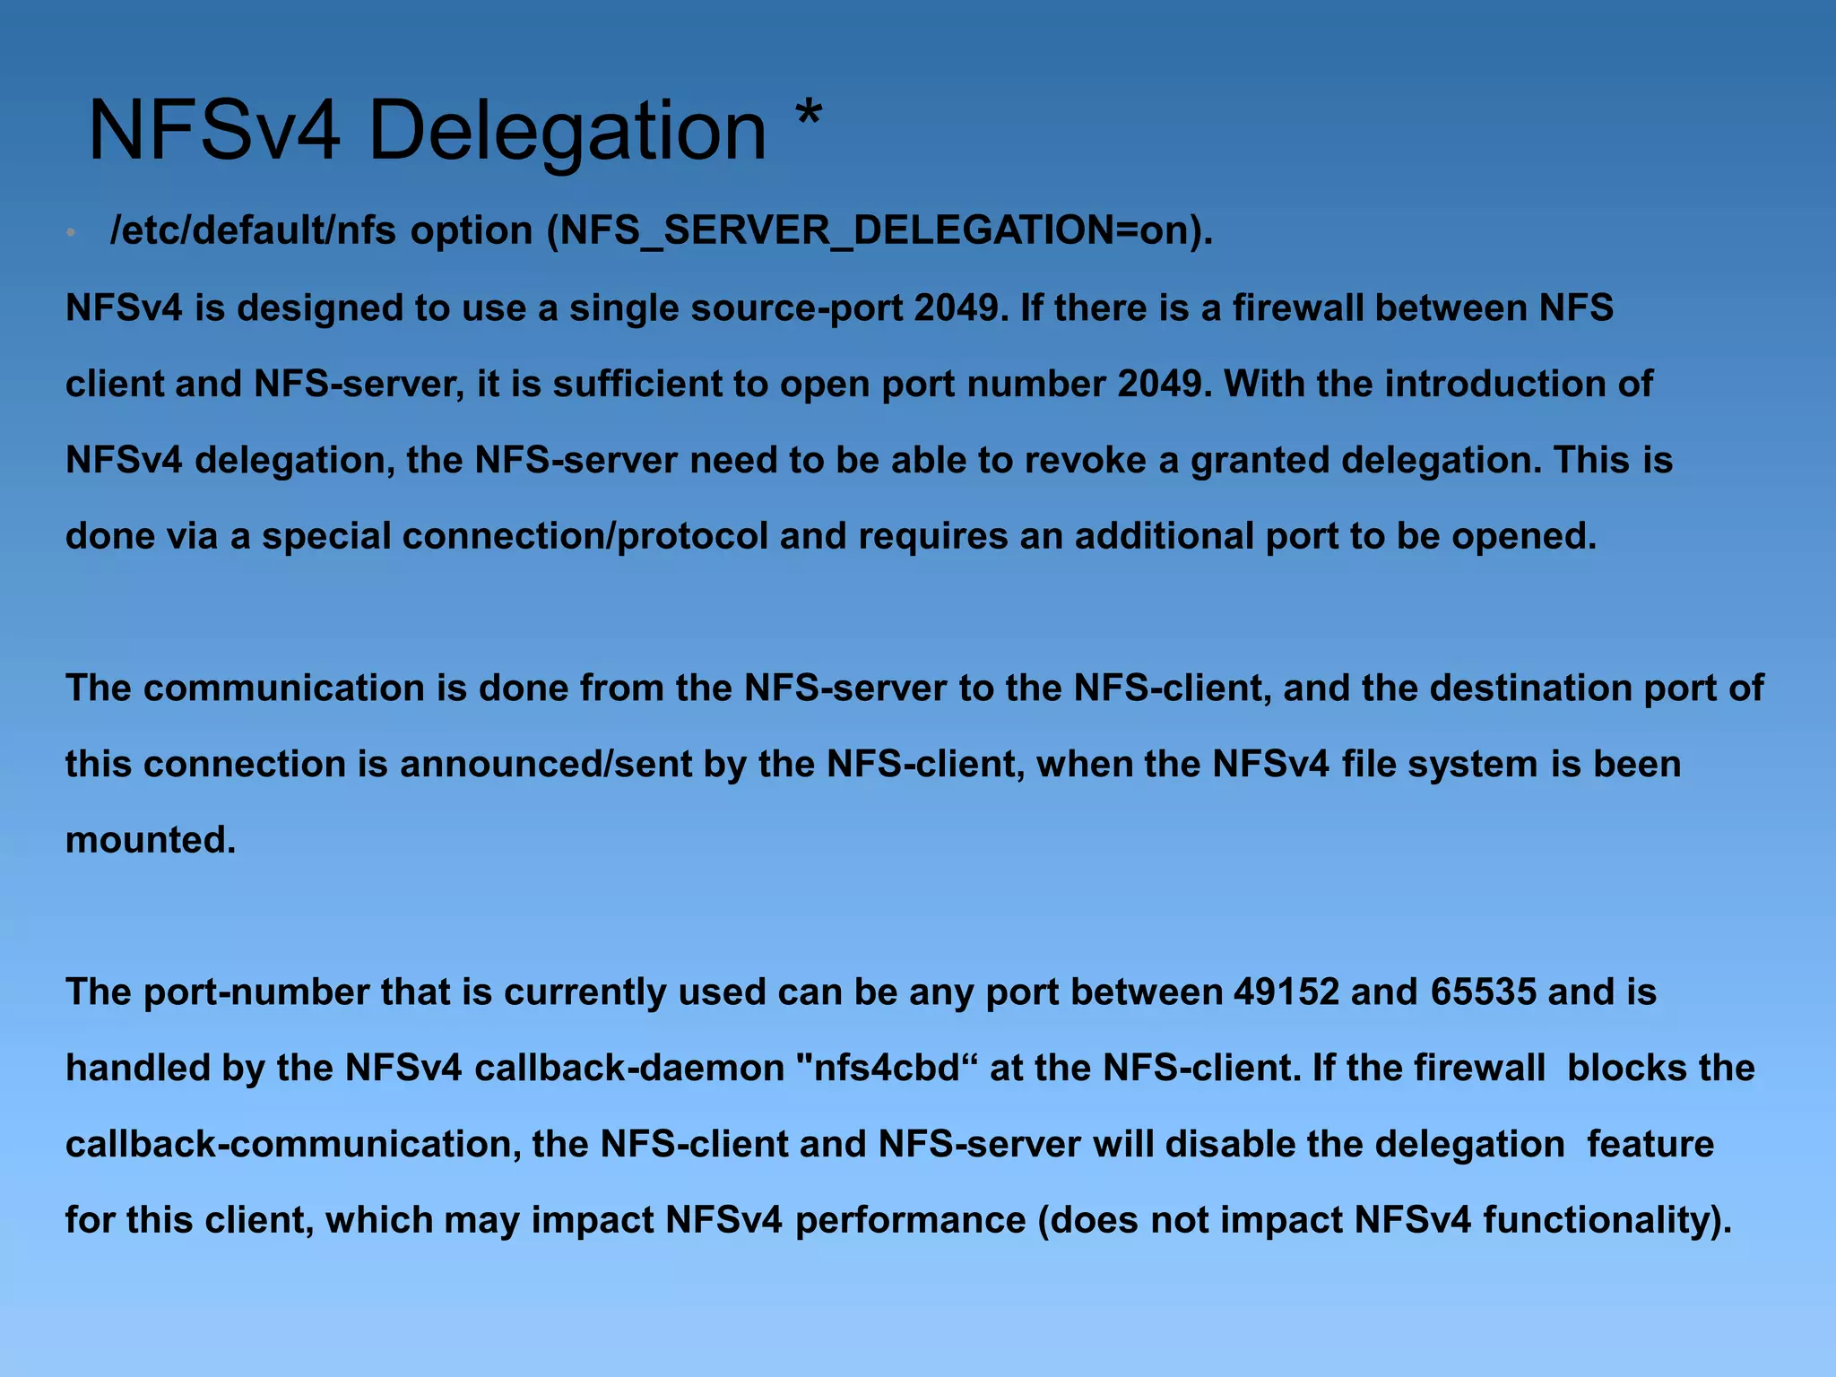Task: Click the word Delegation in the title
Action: point(567,132)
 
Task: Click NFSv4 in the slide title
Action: point(213,132)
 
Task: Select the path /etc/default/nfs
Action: point(253,231)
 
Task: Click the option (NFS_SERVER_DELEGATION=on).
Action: point(879,231)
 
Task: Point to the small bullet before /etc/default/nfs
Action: point(71,233)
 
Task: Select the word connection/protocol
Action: point(585,537)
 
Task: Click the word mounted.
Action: point(150,841)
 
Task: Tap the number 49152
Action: point(1286,992)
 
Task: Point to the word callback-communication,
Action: point(293,1145)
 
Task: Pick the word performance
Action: point(910,1221)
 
